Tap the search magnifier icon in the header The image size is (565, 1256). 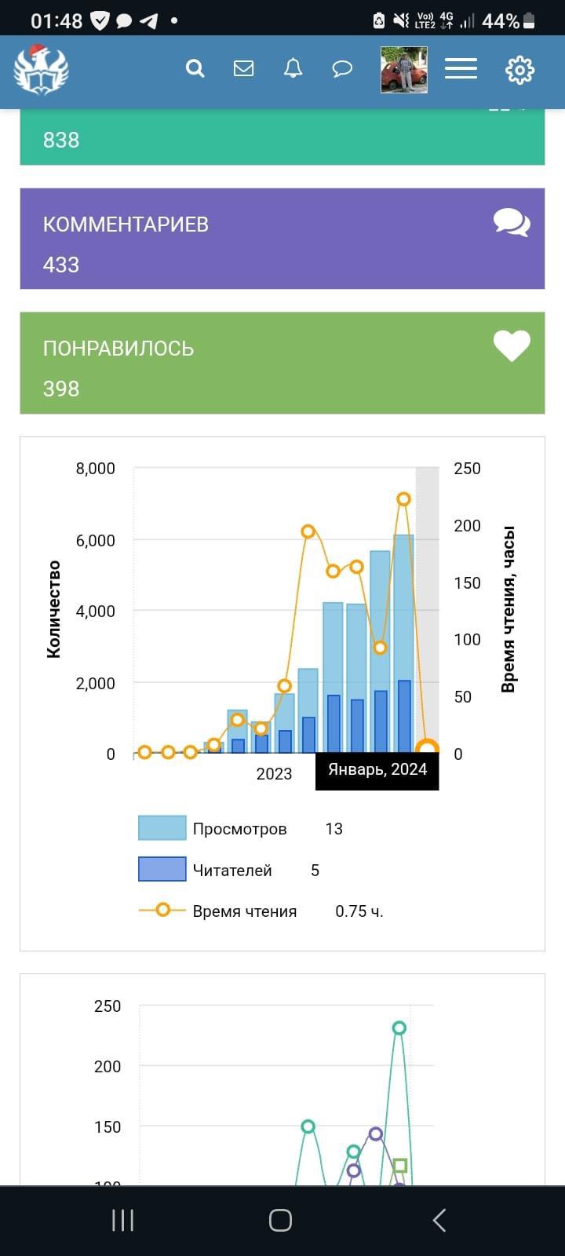point(195,69)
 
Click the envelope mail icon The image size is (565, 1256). point(244,69)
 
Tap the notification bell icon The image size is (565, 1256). point(293,69)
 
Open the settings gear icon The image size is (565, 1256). point(519,70)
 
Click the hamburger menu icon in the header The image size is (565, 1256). point(461,69)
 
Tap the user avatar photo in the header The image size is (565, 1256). point(404,70)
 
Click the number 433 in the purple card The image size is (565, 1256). point(61,265)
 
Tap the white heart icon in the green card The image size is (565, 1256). point(512,345)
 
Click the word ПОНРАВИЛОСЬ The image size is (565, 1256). point(118,349)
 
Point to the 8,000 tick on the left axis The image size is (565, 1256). point(95,469)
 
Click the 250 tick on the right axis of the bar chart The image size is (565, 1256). point(467,469)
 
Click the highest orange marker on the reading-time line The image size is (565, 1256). point(403,499)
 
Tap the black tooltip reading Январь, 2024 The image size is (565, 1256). point(377,770)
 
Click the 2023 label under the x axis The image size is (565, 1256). point(274,774)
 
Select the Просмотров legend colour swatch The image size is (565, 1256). point(162,828)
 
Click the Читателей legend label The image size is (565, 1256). point(232,871)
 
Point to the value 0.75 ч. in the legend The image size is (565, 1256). point(359,911)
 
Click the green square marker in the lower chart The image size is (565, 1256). point(399,1166)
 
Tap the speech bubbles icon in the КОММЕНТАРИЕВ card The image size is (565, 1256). point(512,222)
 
